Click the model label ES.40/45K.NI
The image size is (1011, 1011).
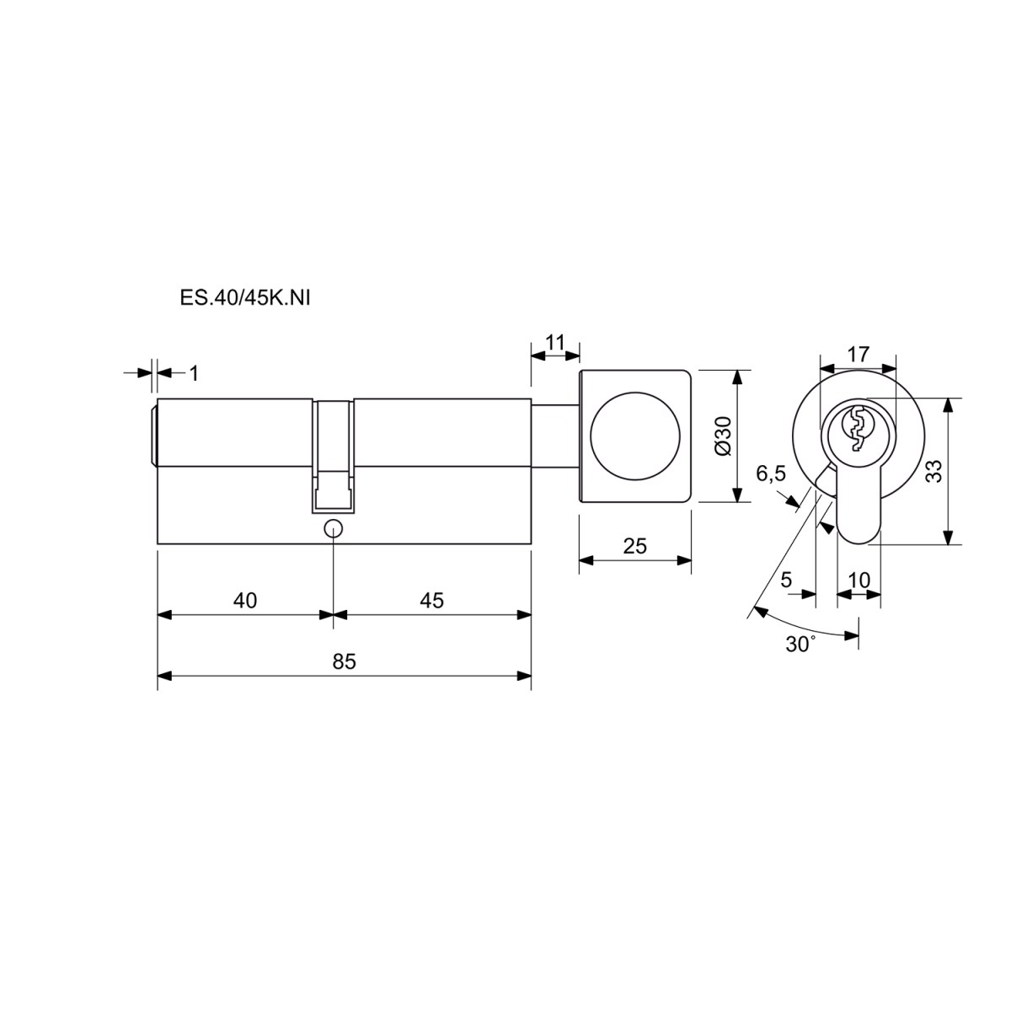click(245, 298)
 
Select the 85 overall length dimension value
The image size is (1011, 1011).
click(345, 661)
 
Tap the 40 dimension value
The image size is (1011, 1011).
click(245, 600)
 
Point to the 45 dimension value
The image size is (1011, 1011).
click(432, 600)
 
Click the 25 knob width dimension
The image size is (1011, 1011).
click(635, 546)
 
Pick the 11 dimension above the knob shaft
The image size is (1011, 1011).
click(554, 342)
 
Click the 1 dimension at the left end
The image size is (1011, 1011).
click(194, 373)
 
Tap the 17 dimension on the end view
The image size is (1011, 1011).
click(859, 354)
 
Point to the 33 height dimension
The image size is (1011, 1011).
click(934, 471)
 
